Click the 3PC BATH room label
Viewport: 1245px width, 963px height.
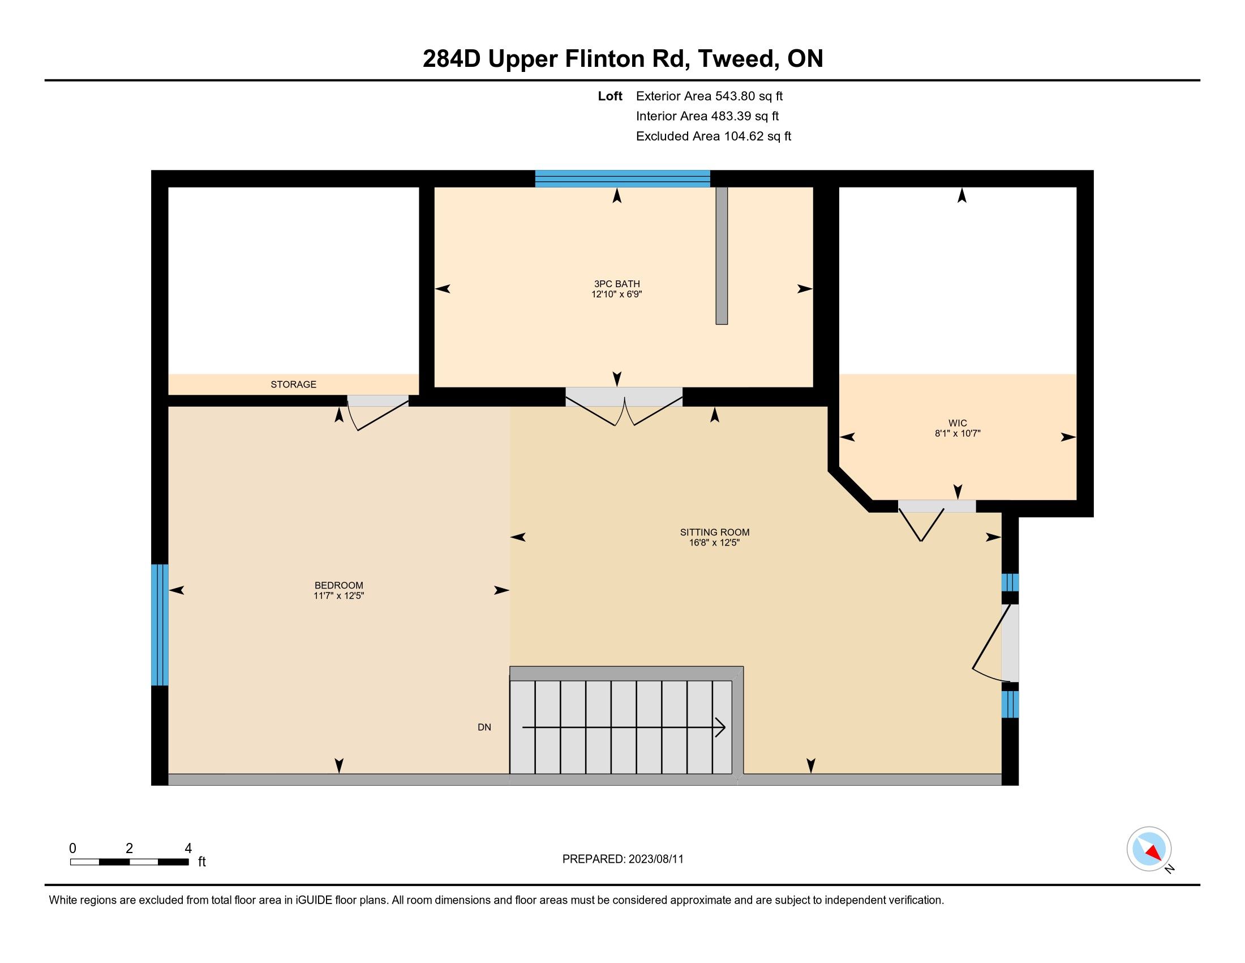(x=617, y=284)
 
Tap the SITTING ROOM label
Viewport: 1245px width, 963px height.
(x=714, y=532)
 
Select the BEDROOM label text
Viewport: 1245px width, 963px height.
(x=338, y=585)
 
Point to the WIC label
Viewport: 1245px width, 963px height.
(x=958, y=423)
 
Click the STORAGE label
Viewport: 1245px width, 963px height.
(x=293, y=385)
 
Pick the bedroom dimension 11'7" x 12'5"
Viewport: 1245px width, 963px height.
(x=338, y=595)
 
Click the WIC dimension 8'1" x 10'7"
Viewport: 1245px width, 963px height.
(x=958, y=433)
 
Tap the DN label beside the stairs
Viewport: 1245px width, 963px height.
(x=484, y=727)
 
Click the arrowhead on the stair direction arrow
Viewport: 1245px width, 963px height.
(x=720, y=727)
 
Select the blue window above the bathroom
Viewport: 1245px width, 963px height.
(x=622, y=178)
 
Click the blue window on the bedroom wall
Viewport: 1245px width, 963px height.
(x=160, y=625)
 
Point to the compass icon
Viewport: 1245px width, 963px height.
(x=1149, y=849)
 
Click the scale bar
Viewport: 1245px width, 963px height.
(x=130, y=862)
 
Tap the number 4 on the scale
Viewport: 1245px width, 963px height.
(x=188, y=849)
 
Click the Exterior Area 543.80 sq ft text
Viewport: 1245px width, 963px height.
(x=709, y=96)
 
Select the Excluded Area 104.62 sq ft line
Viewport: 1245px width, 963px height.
(x=714, y=137)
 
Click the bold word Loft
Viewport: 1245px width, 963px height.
(x=610, y=96)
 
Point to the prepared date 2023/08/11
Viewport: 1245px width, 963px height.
(x=655, y=859)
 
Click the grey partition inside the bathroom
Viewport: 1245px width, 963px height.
(x=722, y=255)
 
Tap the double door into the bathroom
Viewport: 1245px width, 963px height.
(x=624, y=406)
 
